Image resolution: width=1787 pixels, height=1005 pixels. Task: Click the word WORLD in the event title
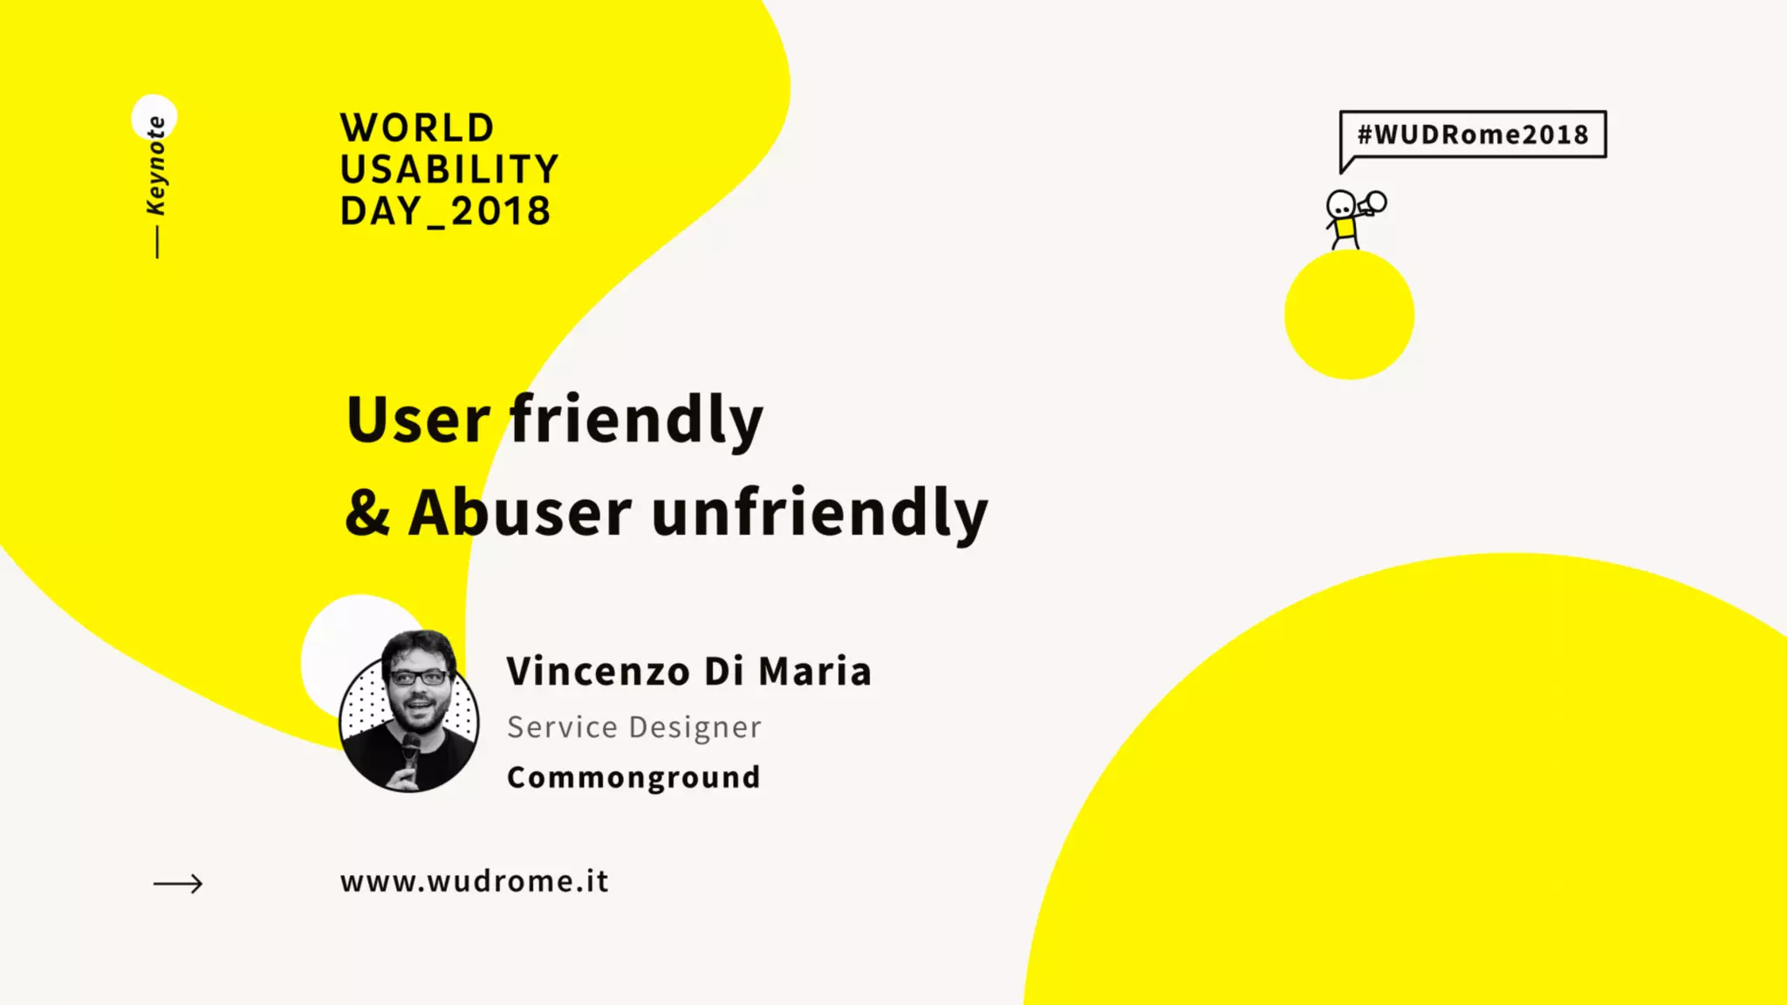(x=417, y=128)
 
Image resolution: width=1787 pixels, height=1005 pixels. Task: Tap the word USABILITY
(x=449, y=169)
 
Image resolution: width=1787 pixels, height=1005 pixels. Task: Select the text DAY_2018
(x=445, y=211)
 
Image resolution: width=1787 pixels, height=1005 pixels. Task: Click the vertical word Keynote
(x=156, y=165)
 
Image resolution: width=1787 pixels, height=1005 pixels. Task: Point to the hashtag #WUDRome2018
(x=1473, y=134)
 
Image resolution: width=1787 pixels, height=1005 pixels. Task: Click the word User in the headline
(x=418, y=420)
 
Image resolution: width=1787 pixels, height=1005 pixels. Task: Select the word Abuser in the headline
(x=519, y=513)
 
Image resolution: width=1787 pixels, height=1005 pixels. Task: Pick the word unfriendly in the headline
(x=819, y=513)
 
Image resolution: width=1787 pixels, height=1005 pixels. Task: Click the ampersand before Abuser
(x=366, y=513)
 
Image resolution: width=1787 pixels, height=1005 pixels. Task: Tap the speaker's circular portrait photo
(x=409, y=711)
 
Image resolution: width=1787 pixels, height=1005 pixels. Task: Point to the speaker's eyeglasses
(x=420, y=677)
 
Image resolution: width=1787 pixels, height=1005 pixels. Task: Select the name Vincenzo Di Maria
(x=688, y=672)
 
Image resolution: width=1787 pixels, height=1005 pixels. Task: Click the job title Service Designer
(x=633, y=727)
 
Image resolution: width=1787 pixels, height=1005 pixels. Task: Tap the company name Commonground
(x=633, y=777)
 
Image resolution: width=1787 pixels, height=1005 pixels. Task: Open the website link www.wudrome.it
(x=474, y=882)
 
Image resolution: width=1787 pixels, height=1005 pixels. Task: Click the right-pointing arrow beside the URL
(x=178, y=884)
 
